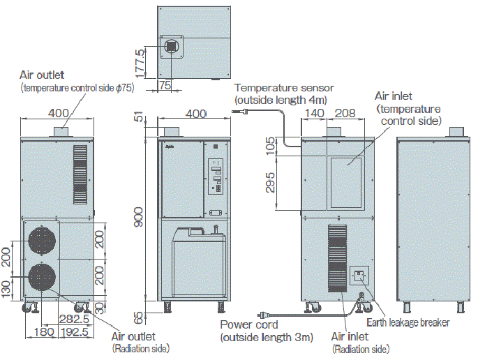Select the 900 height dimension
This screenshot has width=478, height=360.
tap(140, 221)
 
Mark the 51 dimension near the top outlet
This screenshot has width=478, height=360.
tap(139, 119)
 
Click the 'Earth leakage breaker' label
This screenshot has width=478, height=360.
tap(408, 322)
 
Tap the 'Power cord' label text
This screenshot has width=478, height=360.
tap(249, 325)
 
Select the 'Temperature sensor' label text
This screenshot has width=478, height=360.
tap(284, 88)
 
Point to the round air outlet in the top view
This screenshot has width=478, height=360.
tap(172, 46)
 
